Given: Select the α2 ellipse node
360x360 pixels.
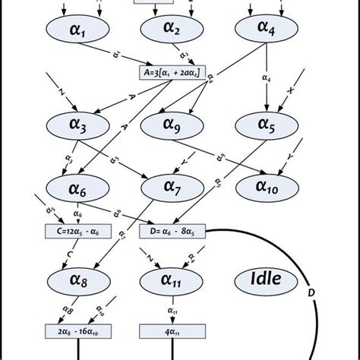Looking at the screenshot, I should [170, 30].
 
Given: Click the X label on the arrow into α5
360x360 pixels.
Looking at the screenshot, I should [289, 90].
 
